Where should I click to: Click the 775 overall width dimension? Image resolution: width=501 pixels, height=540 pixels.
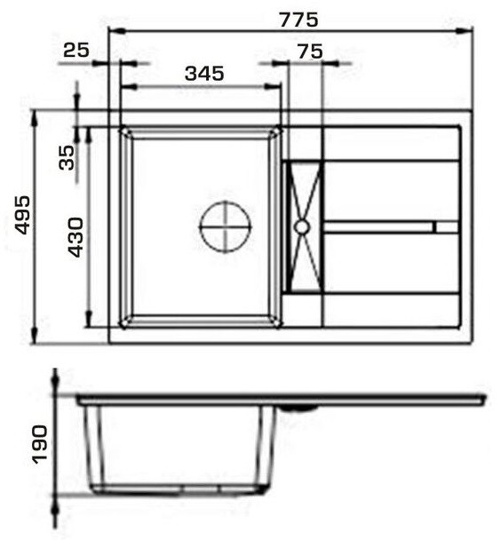[x=298, y=20]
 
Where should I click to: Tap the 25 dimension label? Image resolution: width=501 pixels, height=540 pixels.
[x=76, y=51]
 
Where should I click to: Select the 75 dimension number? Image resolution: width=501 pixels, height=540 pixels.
[x=310, y=52]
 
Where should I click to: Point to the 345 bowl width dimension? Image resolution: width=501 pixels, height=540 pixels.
[x=204, y=74]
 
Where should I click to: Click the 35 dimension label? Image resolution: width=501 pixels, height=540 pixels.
[x=67, y=158]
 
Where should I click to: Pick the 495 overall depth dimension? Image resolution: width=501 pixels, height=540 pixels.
[x=23, y=215]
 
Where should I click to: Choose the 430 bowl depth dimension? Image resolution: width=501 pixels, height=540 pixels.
[x=76, y=237]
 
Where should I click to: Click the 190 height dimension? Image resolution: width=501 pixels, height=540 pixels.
[x=39, y=444]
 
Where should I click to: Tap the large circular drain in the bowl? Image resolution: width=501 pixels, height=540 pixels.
[x=226, y=227]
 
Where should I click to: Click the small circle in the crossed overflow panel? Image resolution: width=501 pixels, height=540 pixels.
[x=302, y=227]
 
